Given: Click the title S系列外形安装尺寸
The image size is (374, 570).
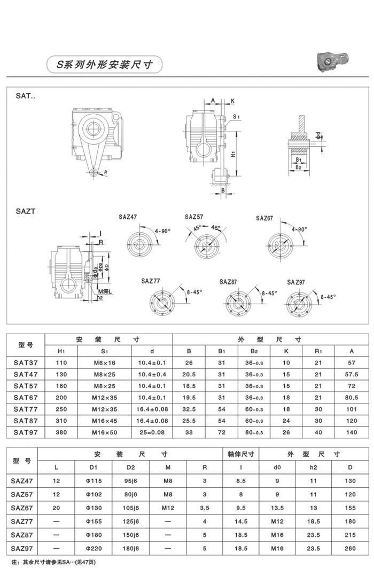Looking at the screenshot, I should [105, 65].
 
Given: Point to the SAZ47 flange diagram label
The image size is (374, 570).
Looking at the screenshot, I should [128, 217].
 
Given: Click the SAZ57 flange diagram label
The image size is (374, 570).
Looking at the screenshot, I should [194, 217].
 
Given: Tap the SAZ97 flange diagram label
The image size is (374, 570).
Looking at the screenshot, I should [297, 281].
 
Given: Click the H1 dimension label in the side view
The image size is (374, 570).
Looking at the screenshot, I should [233, 154].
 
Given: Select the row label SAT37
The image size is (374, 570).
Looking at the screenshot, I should [26, 362].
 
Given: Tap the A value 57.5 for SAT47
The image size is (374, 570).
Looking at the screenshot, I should [351, 374].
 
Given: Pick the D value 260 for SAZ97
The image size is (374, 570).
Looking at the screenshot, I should [350, 548].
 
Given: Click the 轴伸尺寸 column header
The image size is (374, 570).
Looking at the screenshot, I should [240, 454].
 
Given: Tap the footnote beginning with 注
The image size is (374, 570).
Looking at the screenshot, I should [53, 563].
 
